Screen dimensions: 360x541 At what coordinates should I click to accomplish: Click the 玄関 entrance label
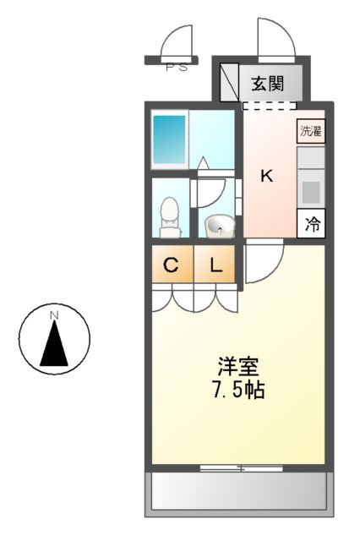tap(267, 84)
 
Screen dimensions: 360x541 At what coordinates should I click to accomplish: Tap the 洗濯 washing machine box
tap(311, 131)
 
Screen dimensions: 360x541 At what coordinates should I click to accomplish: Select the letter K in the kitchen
tap(266, 177)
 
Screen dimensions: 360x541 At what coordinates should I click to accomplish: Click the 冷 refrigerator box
tap(311, 223)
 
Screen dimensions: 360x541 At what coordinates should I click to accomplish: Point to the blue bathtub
tap(169, 139)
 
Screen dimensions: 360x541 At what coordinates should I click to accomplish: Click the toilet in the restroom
tap(170, 217)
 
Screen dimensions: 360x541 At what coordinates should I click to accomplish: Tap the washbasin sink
tap(220, 226)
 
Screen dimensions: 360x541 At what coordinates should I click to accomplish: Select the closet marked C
tap(172, 264)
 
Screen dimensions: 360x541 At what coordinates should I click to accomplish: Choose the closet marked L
tap(215, 264)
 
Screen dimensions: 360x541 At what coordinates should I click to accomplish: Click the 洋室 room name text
tap(237, 367)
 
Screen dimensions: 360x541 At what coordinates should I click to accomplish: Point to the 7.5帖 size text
tap(238, 390)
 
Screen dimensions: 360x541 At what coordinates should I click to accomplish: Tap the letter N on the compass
tap(54, 315)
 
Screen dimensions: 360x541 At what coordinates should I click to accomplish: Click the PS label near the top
tap(177, 68)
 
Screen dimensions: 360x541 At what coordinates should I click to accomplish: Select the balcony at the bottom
tap(239, 494)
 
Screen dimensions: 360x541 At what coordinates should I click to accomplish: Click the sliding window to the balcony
tap(242, 468)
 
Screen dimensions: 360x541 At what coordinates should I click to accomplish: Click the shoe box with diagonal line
tap(229, 82)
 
